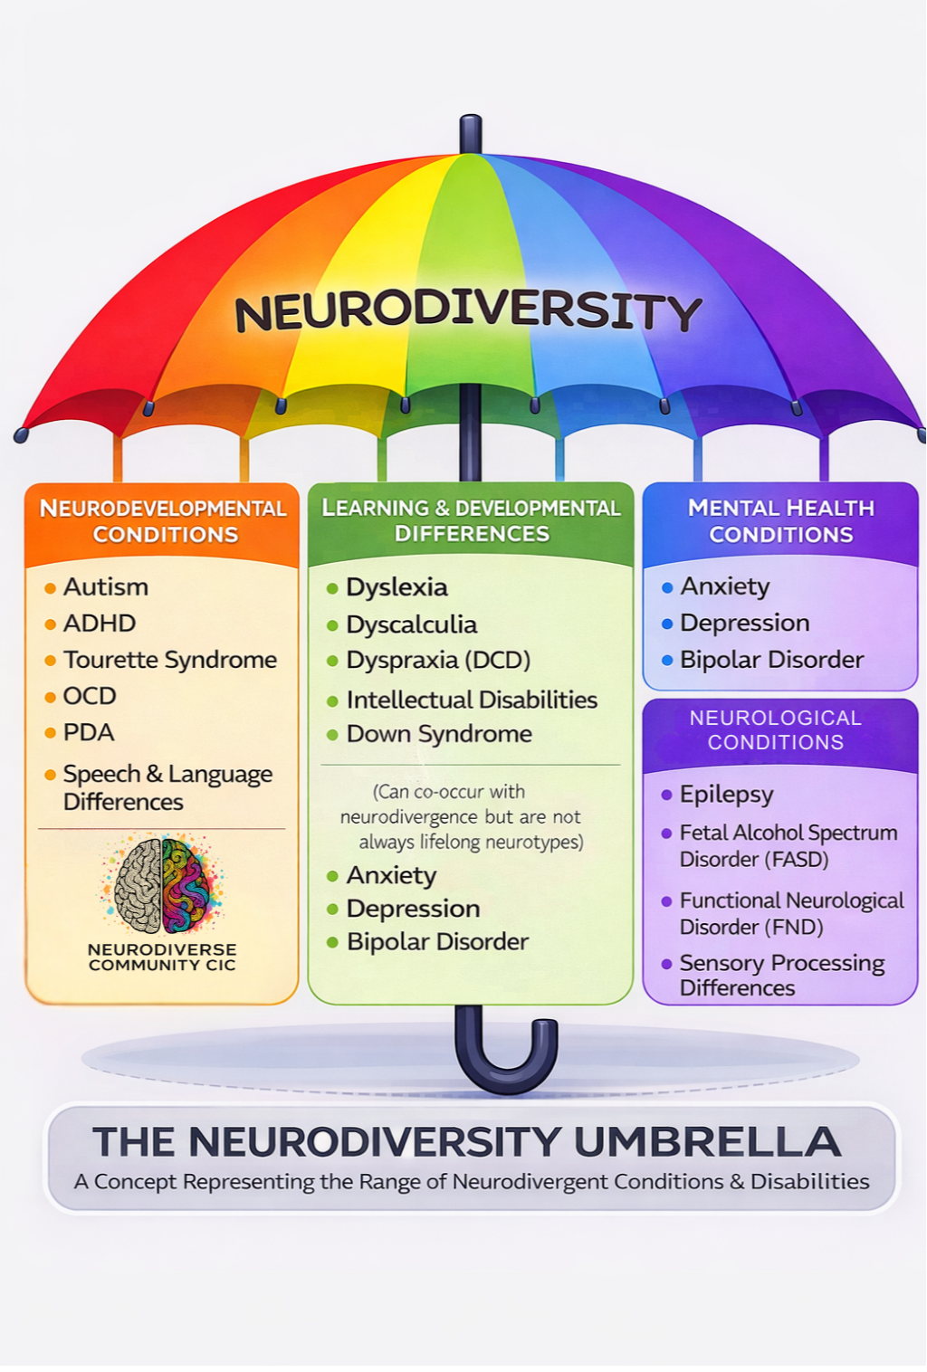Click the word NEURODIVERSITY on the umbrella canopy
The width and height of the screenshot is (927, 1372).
point(468,310)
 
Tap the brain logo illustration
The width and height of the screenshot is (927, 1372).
point(162,885)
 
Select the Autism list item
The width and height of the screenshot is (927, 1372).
point(105,587)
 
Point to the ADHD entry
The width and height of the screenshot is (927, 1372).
point(99,624)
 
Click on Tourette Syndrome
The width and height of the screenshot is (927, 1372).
point(169,660)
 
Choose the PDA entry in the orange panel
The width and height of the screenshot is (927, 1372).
point(88,732)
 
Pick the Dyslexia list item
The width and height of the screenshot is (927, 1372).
point(397,587)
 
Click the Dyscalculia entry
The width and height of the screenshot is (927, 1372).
point(411,624)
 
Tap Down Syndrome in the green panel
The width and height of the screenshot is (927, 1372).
point(439,734)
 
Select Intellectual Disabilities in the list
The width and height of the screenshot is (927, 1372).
point(472,700)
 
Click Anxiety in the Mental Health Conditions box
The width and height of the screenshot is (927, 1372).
point(724,586)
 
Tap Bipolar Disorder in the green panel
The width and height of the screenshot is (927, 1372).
point(437,942)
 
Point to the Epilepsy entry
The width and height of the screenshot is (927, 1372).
point(726,795)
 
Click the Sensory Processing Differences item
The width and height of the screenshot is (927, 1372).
point(781,975)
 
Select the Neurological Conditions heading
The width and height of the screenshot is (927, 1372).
point(776,730)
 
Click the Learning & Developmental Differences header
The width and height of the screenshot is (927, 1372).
point(471,520)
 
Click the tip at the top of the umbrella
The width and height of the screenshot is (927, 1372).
point(470,131)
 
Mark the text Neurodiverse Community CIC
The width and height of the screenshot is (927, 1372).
point(162,958)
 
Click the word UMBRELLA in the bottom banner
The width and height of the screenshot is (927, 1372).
point(707,1142)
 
